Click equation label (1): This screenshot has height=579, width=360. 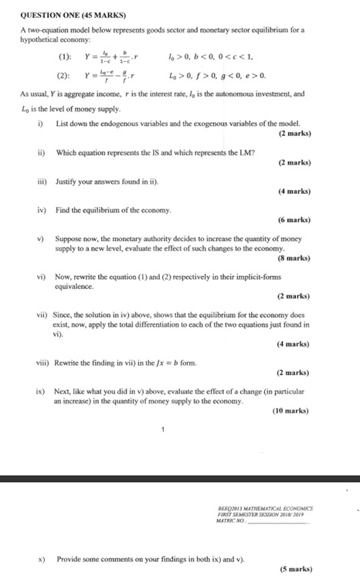point(64,56)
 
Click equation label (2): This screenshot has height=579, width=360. point(64,76)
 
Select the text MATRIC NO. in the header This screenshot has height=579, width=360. point(232,520)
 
